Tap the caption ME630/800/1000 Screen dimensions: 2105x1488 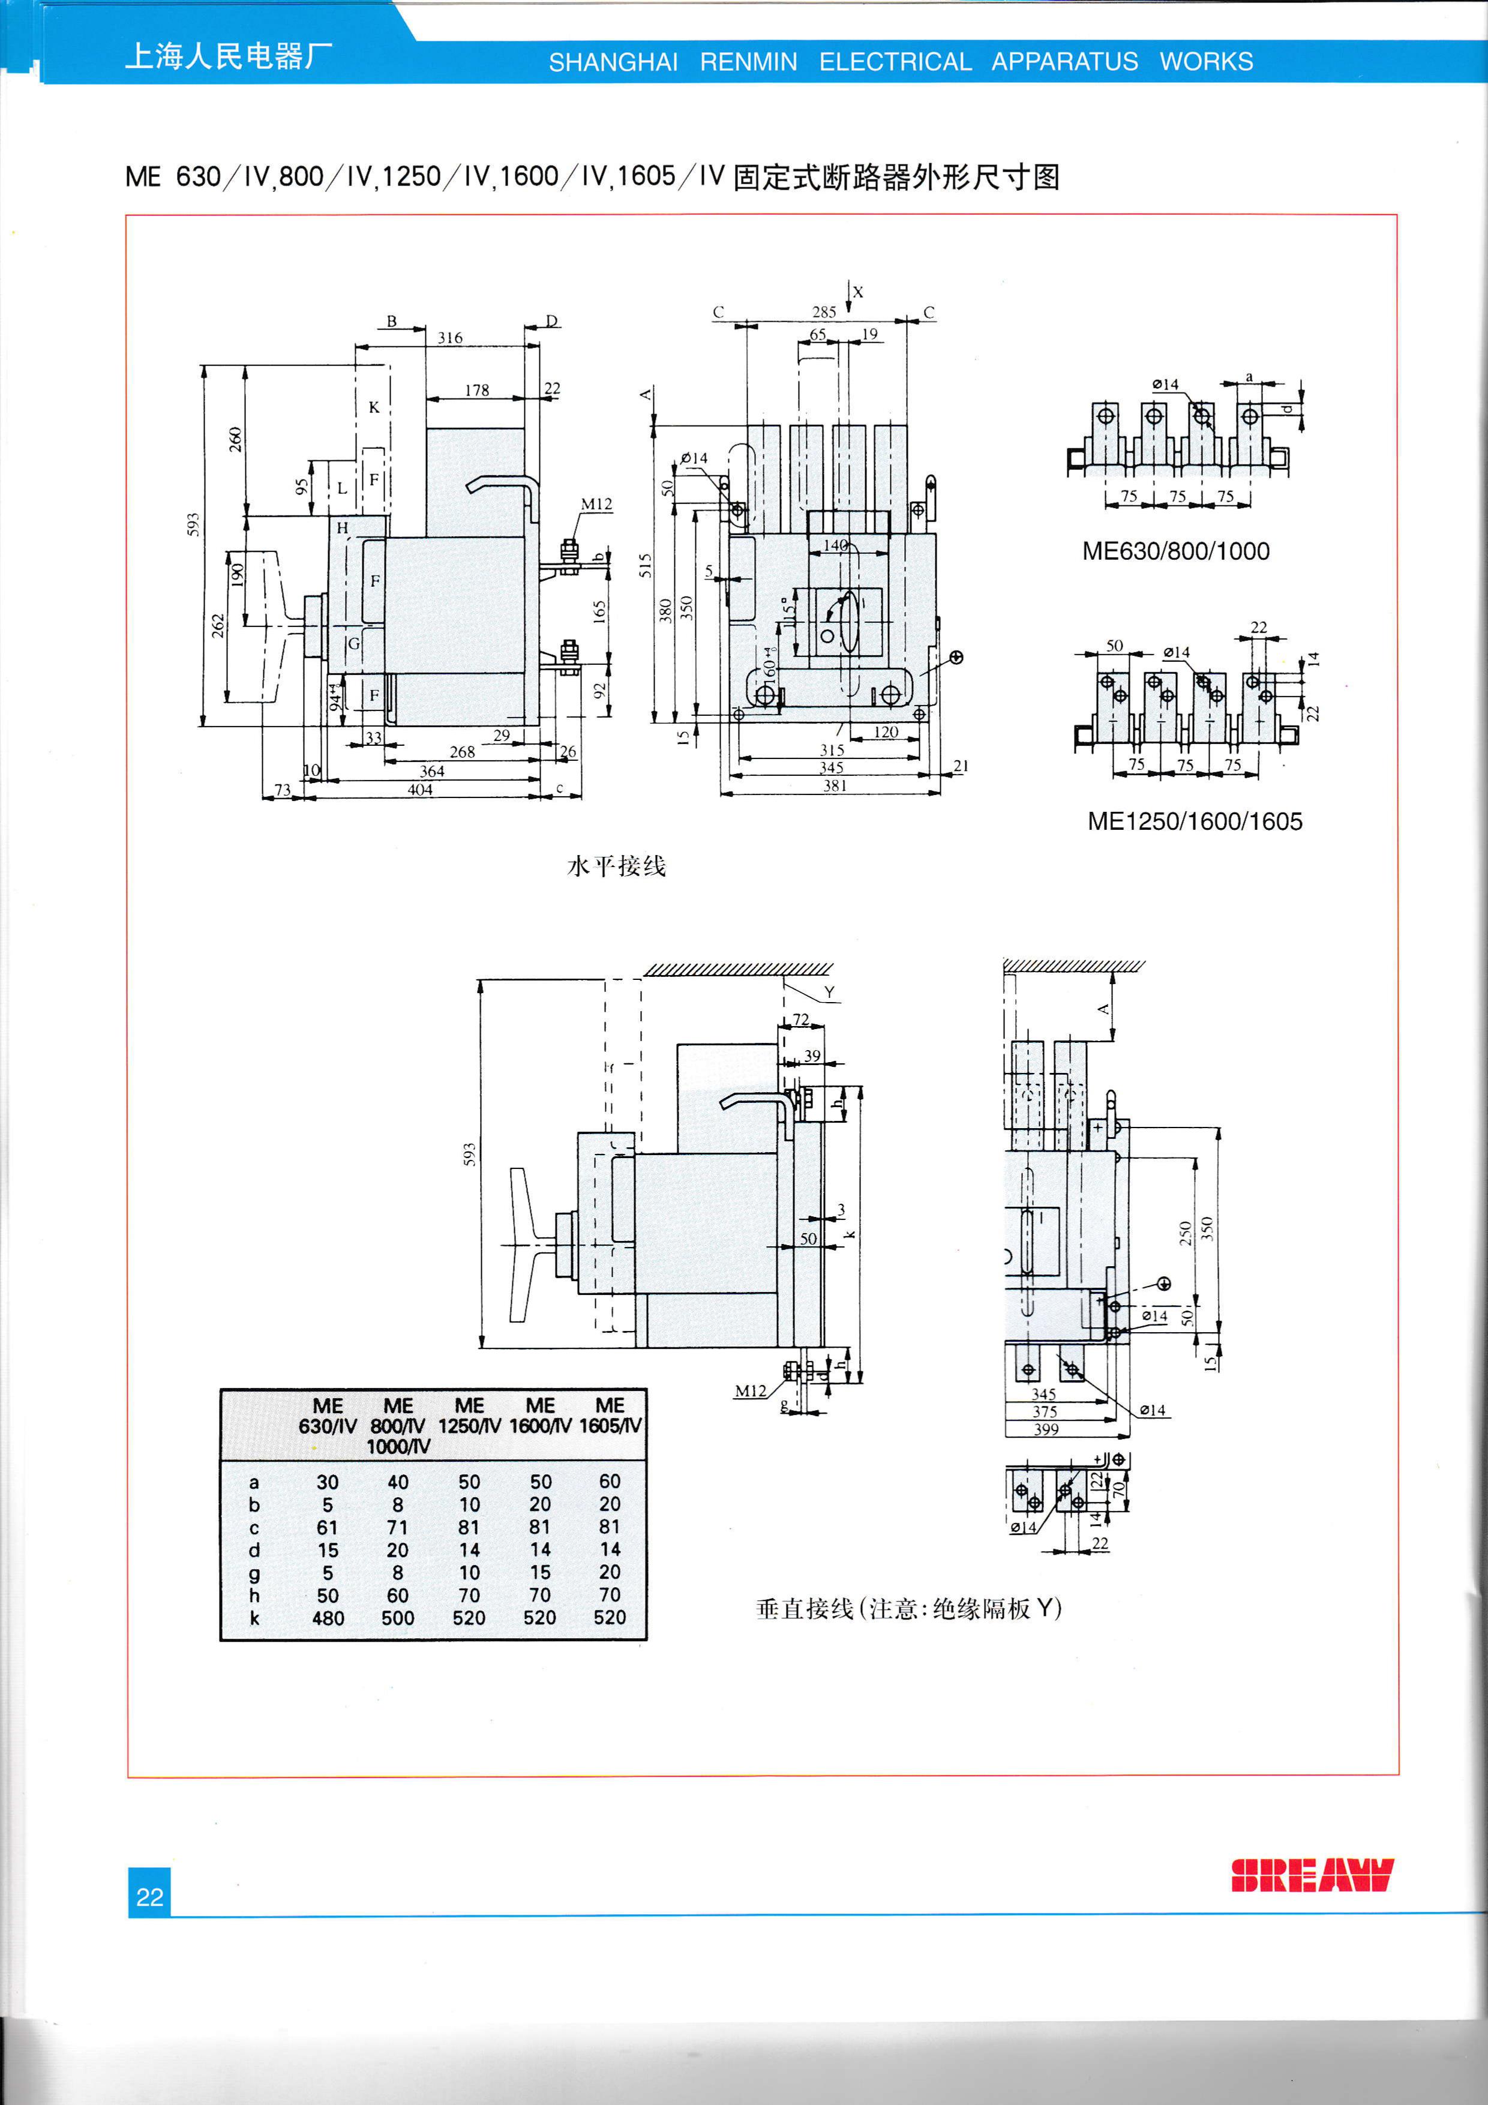tap(1175, 551)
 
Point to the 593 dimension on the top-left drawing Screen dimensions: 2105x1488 tap(193, 524)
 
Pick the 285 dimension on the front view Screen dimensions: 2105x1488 tap(824, 311)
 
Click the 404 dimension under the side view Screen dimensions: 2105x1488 tap(420, 790)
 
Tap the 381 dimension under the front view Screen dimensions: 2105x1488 tap(835, 785)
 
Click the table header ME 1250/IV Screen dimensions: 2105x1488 tap(469, 1416)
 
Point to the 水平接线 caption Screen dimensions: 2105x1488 tap(616, 865)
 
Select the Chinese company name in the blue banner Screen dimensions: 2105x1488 tap(228, 57)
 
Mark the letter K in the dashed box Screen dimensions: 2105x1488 tap(374, 407)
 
